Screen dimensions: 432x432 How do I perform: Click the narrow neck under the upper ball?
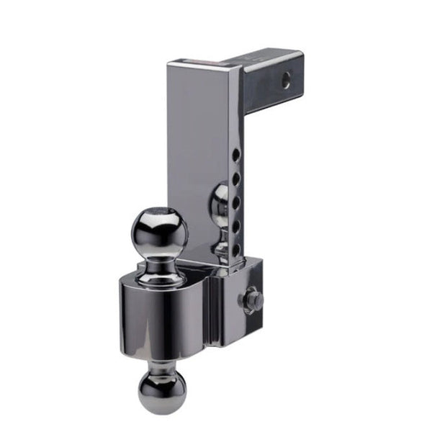tap(159, 262)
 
